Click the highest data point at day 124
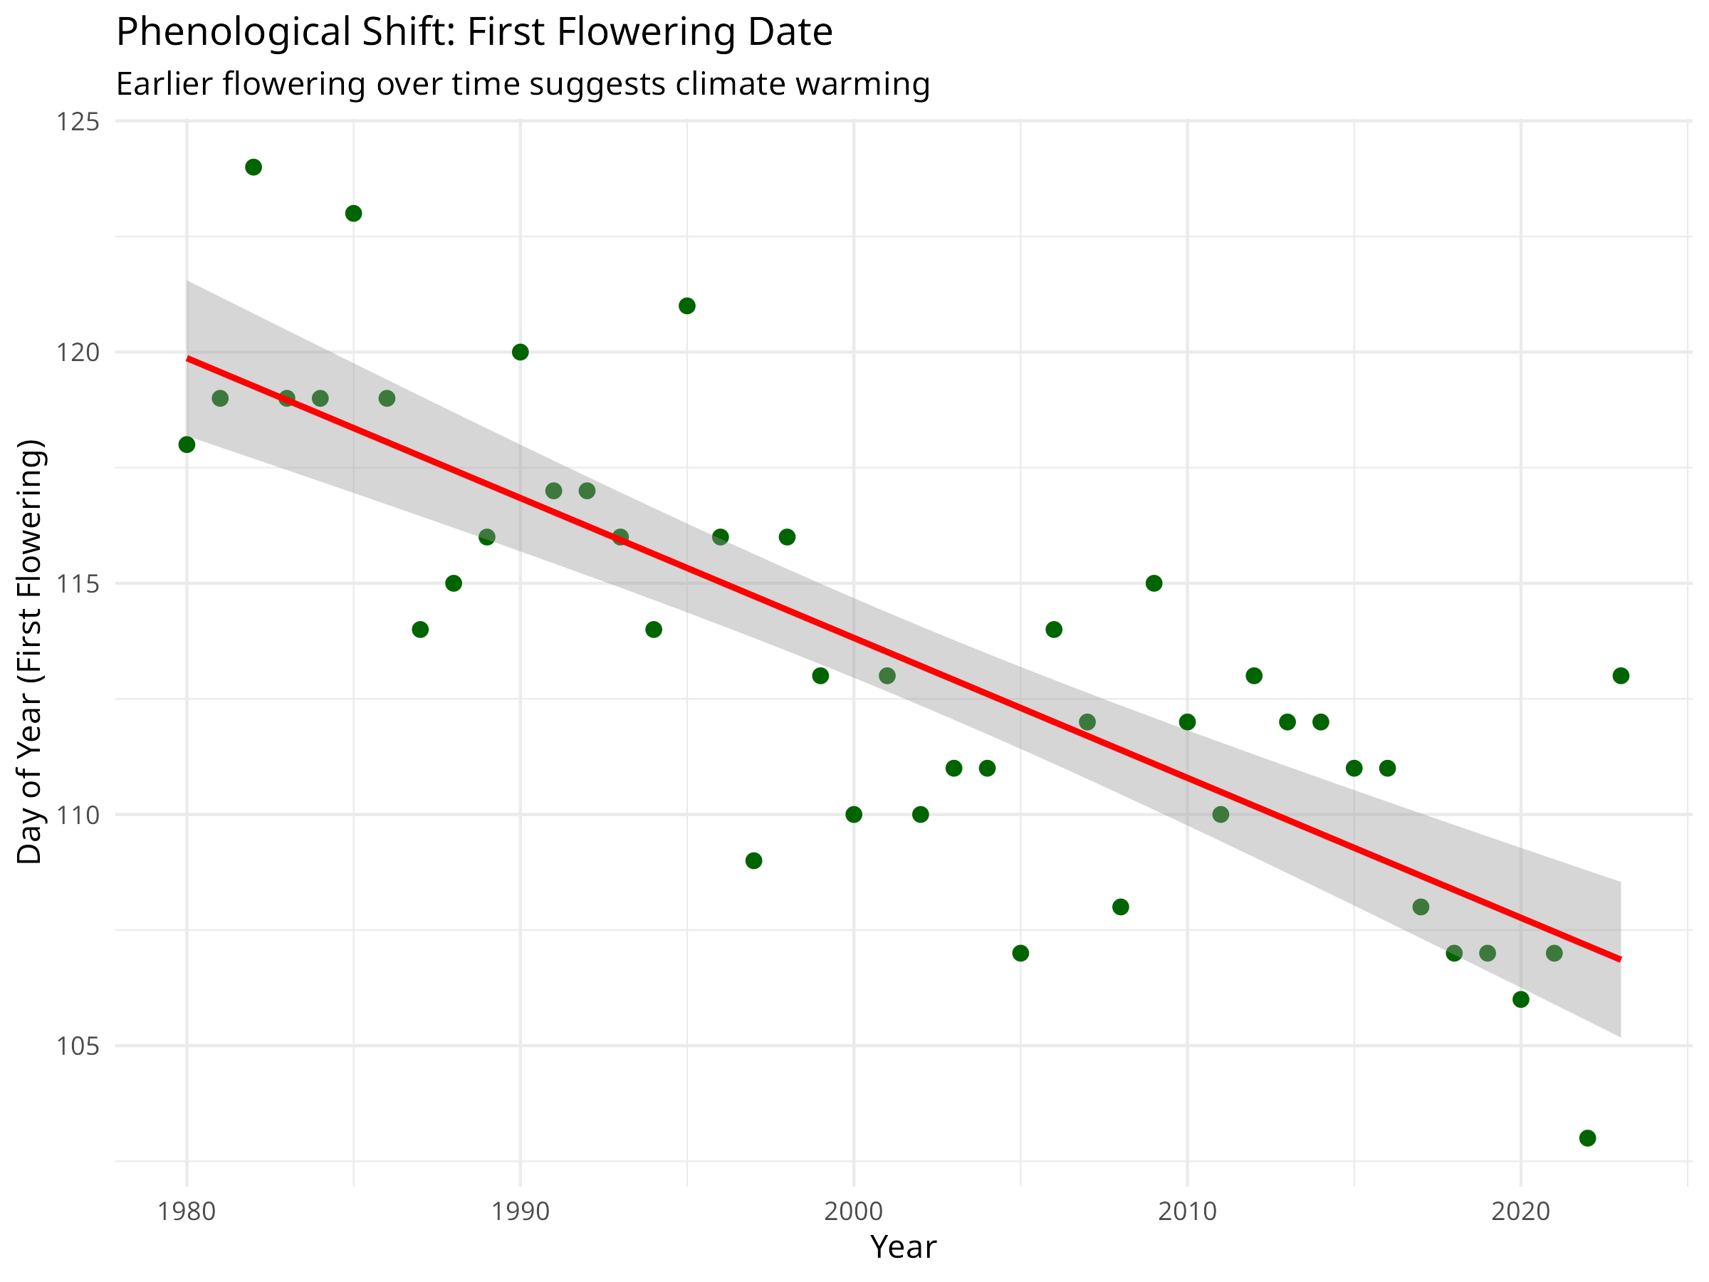(x=254, y=167)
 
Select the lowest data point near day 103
(x=1588, y=1138)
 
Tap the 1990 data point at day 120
(x=521, y=353)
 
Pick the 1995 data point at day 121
(x=687, y=306)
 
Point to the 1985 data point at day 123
(x=354, y=213)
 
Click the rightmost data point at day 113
(x=1621, y=676)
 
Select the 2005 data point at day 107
(x=1020, y=954)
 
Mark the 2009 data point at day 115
(x=1154, y=583)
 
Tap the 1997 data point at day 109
(x=754, y=861)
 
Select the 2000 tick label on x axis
(x=854, y=1211)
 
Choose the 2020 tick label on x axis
(x=1520, y=1211)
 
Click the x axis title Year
(x=902, y=1247)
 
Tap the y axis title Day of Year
(x=29, y=652)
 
